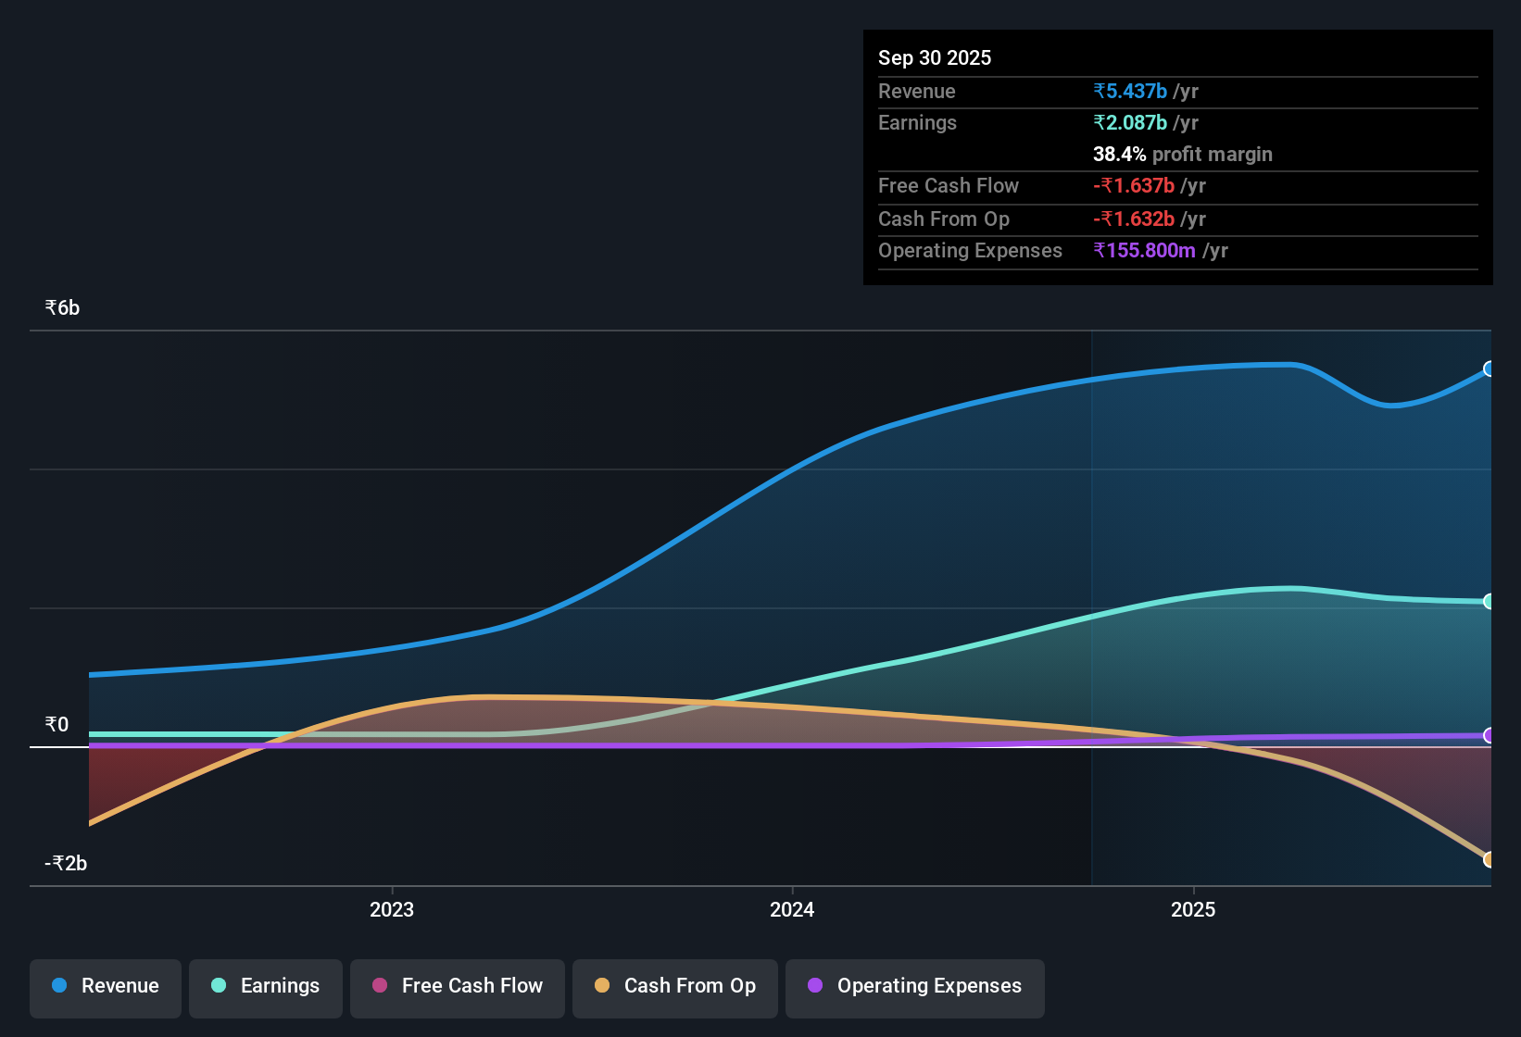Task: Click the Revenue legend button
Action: pyautogui.click(x=106, y=986)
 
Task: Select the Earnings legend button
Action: pyautogui.click(x=266, y=986)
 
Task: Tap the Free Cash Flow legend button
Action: pyautogui.click(x=458, y=986)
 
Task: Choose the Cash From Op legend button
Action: pyautogui.click(x=675, y=986)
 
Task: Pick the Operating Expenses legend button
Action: pyautogui.click(x=915, y=986)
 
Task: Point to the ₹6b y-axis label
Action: pyautogui.click(x=63, y=308)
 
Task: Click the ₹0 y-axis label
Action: pyautogui.click(x=57, y=724)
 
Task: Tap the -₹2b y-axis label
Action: pyautogui.click(x=66, y=863)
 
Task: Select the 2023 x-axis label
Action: pyautogui.click(x=392, y=909)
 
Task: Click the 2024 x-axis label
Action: pyautogui.click(x=792, y=909)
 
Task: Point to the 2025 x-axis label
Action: pyautogui.click(x=1193, y=909)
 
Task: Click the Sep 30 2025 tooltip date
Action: pyautogui.click(x=935, y=57)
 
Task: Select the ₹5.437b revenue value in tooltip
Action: pyautogui.click(x=1130, y=91)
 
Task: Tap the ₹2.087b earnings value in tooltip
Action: pyautogui.click(x=1130, y=122)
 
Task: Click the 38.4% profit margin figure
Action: pyautogui.click(x=1120, y=154)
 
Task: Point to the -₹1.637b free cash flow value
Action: pyautogui.click(x=1134, y=185)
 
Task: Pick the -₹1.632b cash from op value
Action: pyautogui.click(x=1134, y=219)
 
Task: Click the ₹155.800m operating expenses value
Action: pyautogui.click(x=1145, y=250)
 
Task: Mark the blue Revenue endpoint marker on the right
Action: pyautogui.click(x=1489, y=369)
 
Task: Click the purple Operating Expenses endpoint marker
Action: pyautogui.click(x=1489, y=735)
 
